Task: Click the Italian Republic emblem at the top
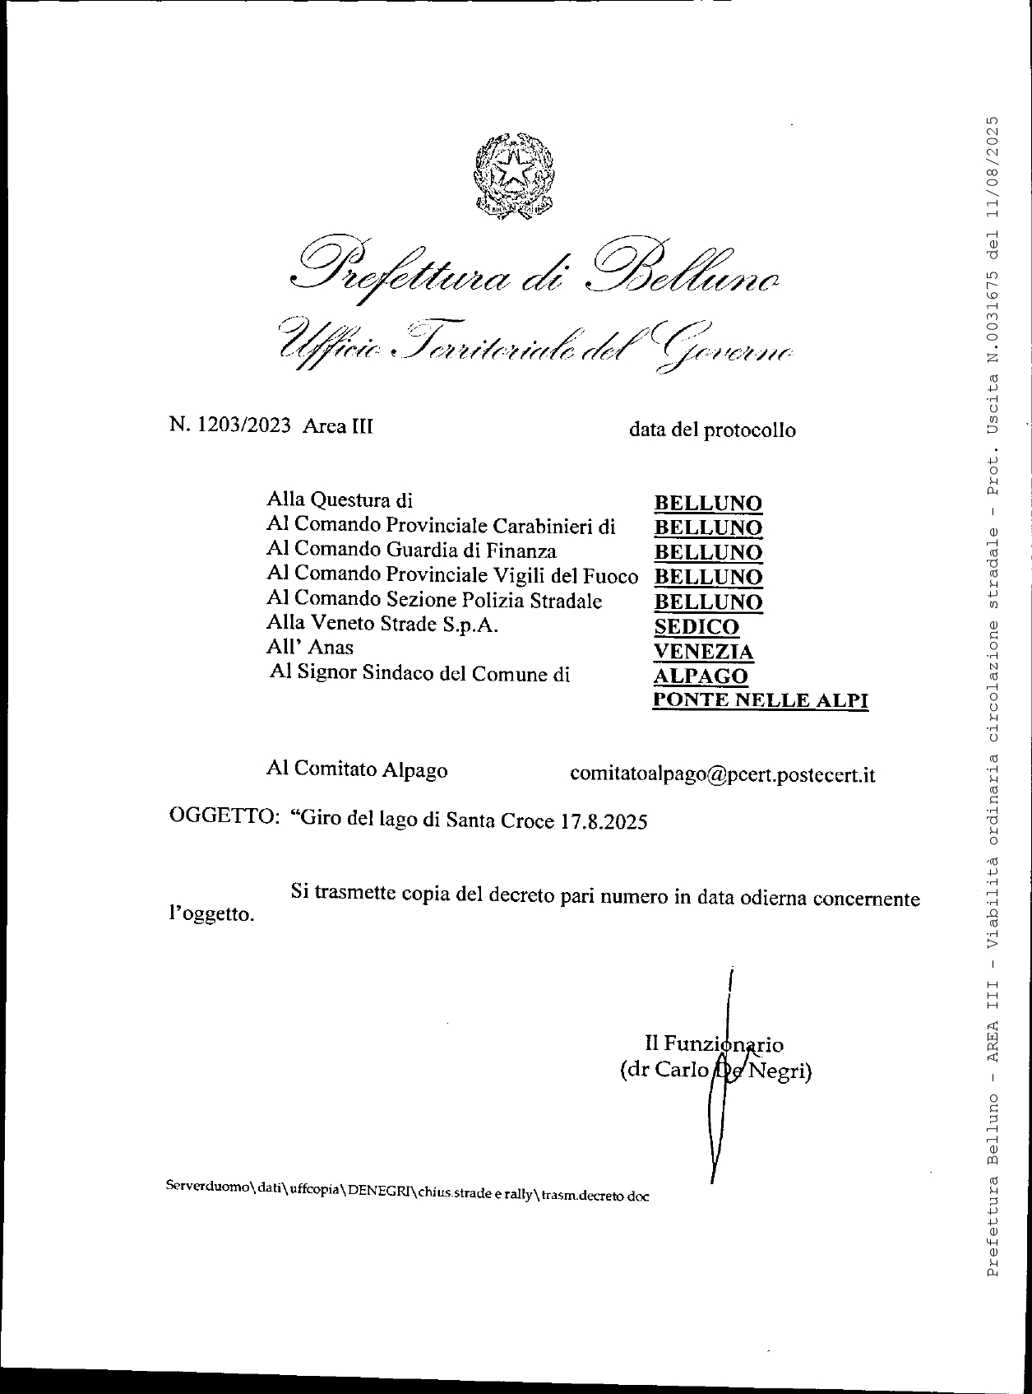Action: point(515,174)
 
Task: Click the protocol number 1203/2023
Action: point(244,425)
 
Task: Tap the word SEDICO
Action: point(696,627)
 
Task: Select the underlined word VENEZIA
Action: point(703,652)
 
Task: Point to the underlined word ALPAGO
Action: point(701,676)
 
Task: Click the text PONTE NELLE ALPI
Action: point(760,700)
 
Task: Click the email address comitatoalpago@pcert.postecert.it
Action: point(722,774)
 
